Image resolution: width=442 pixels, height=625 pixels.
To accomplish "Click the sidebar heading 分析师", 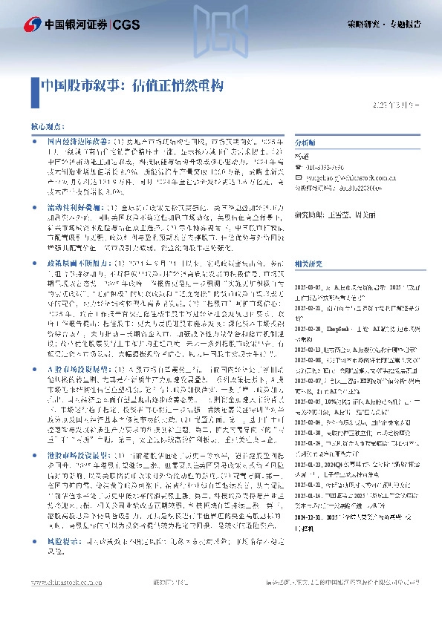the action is point(306,142).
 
